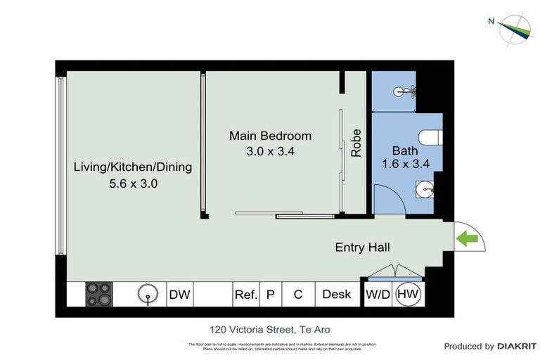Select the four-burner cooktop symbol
[x=99, y=295]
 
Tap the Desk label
[x=336, y=295]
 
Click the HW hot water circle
[x=407, y=295]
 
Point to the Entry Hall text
[x=362, y=247]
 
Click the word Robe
[x=356, y=143]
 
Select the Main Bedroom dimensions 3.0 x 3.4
[x=270, y=150]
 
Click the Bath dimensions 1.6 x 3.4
[x=405, y=165]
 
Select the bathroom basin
[x=424, y=188]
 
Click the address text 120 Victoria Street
[x=269, y=329]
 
